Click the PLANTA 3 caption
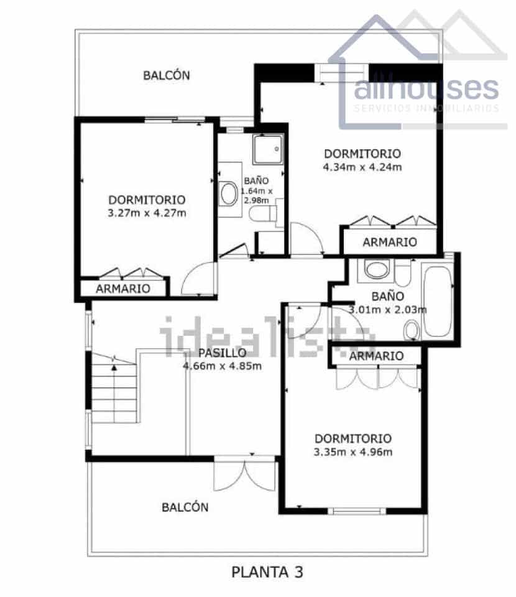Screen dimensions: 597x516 [267, 572]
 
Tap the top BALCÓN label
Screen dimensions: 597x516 [166, 75]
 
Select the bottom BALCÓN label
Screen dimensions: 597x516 [185, 507]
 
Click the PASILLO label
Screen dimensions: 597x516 [218, 353]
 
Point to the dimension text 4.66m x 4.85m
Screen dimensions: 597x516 [222, 366]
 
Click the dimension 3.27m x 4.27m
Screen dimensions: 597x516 [147, 213]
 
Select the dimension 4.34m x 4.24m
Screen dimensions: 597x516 [362, 167]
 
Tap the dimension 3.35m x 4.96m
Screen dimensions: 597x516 [352, 451]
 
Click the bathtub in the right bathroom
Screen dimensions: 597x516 [438, 301]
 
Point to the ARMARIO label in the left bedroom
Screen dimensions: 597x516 [123, 289]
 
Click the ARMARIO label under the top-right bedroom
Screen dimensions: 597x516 [390, 242]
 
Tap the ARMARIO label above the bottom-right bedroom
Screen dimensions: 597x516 [375, 356]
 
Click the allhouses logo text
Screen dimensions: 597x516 [426, 89]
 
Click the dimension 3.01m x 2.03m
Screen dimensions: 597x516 [387, 310]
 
